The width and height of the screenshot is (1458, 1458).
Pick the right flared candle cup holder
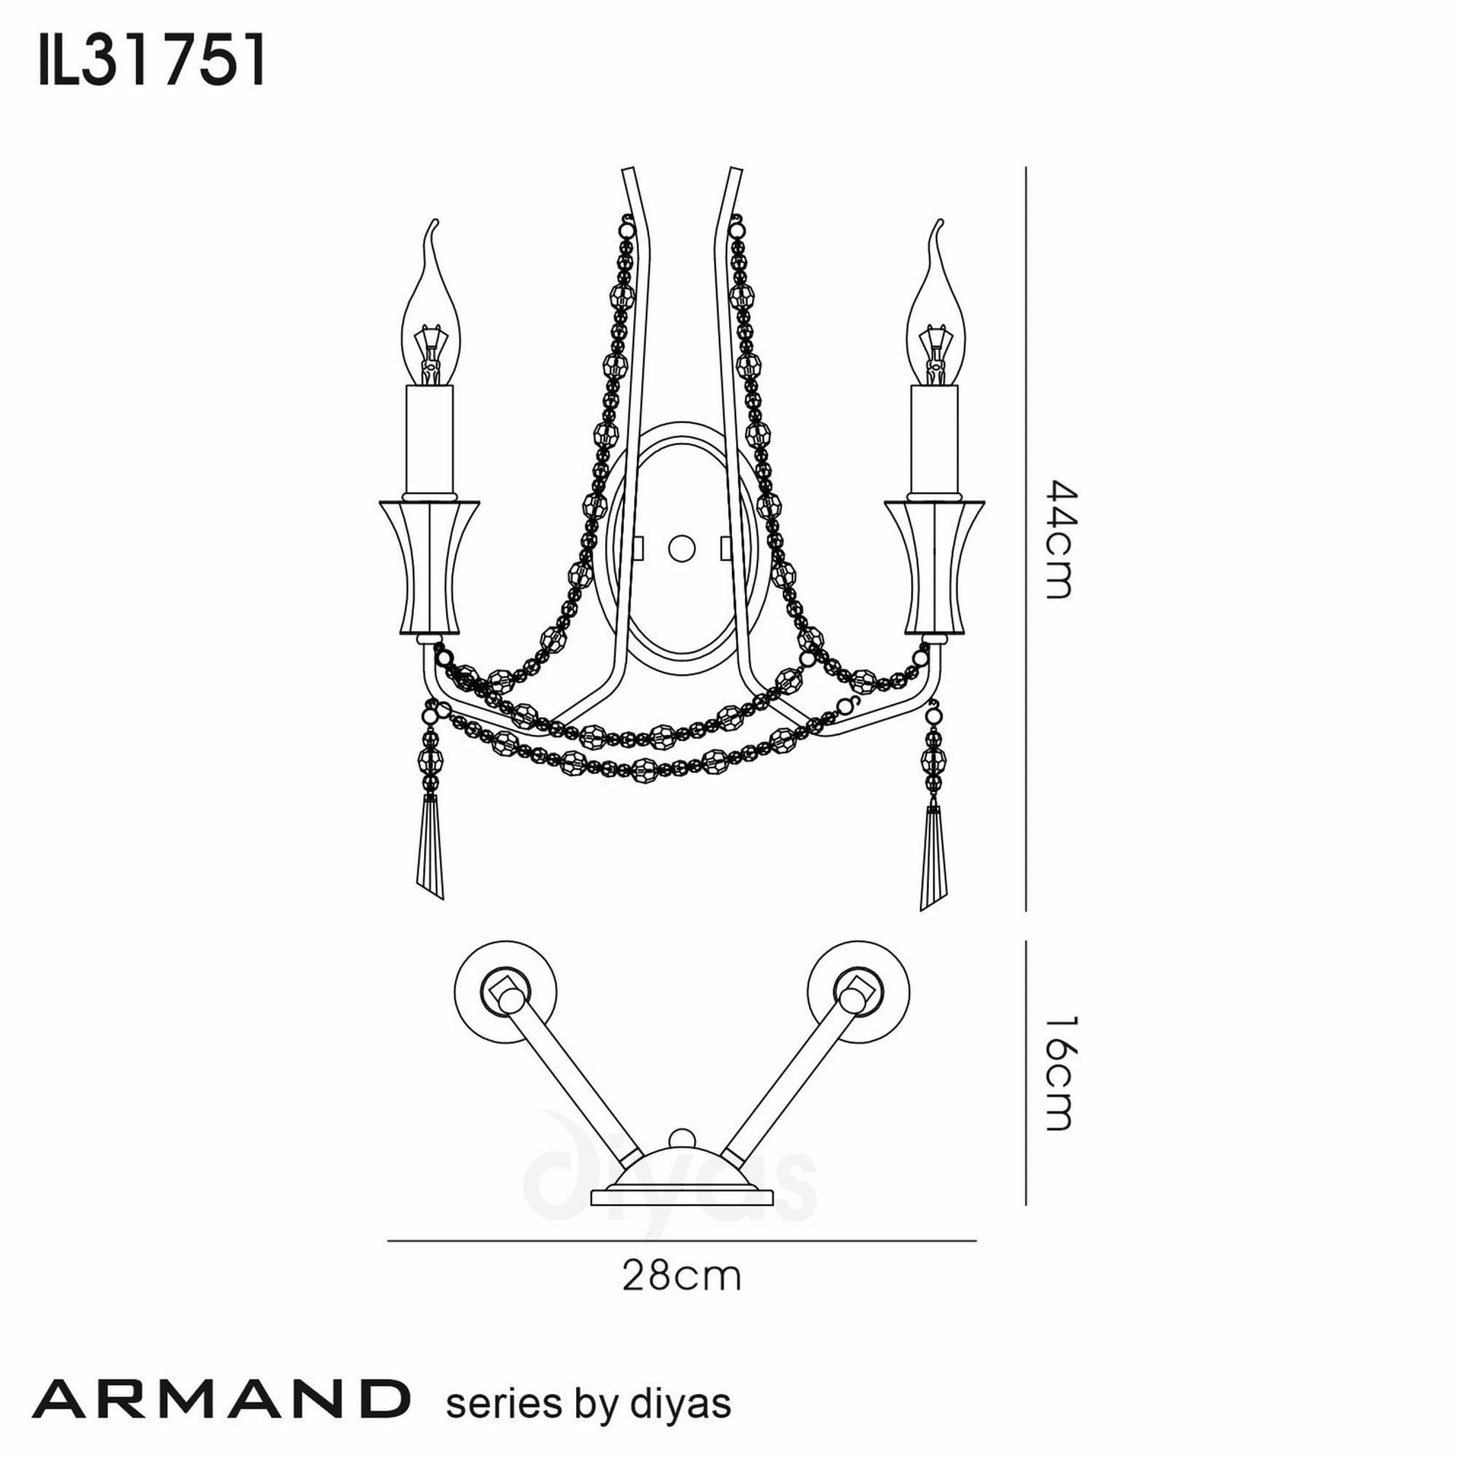(x=935, y=566)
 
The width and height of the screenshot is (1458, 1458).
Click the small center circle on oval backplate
(x=682, y=549)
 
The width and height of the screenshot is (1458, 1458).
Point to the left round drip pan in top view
(x=506, y=991)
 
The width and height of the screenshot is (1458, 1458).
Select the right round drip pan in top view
(x=858, y=991)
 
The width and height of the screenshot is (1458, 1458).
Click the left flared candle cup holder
(x=429, y=566)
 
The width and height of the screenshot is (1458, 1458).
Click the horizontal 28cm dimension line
(x=682, y=1241)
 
